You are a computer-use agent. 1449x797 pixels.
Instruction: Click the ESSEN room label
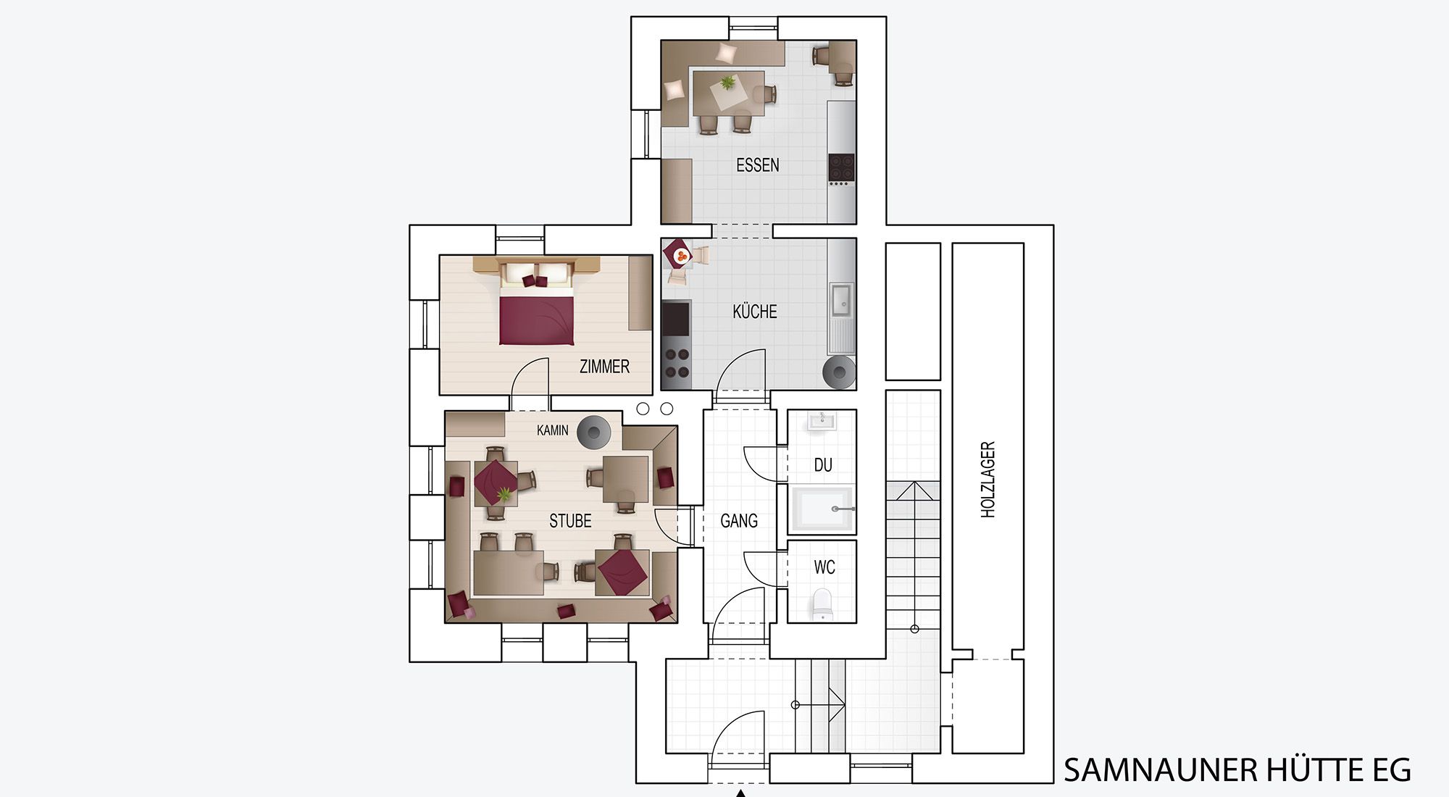[x=758, y=165]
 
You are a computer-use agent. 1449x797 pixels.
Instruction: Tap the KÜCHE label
[x=755, y=312]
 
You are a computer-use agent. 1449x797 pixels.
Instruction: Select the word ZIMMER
[x=604, y=367]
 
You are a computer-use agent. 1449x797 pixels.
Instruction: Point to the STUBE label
[x=570, y=521]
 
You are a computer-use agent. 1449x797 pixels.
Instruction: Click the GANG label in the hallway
[x=739, y=521]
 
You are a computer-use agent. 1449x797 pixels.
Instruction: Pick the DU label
[x=823, y=465]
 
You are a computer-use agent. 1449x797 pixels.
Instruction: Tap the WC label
[x=824, y=567]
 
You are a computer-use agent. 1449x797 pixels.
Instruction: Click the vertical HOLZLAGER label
[x=987, y=480]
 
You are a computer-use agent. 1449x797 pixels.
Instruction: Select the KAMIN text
[x=552, y=430]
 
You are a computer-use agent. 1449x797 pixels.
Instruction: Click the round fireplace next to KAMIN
[x=594, y=433]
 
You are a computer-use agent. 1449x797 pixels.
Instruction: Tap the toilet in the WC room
[x=822, y=604]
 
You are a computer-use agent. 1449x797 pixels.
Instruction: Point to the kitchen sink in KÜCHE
[x=842, y=300]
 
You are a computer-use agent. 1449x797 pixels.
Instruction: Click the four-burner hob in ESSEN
[x=842, y=167]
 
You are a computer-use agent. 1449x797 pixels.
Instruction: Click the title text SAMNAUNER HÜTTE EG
[x=1237, y=769]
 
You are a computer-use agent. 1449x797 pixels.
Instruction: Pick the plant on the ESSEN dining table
[x=727, y=83]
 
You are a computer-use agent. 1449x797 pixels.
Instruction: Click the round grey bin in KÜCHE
[x=840, y=372]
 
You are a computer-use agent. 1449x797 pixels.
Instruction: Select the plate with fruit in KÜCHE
[x=681, y=256]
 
